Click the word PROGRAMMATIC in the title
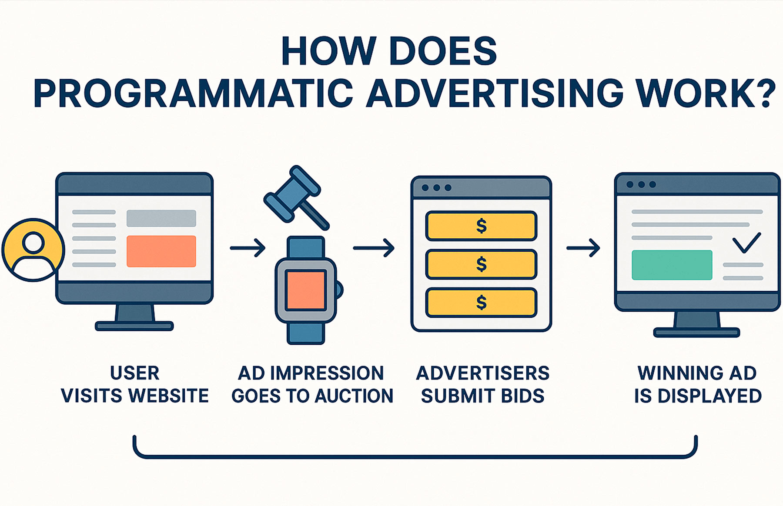[x=194, y=93]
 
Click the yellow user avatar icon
[x=33, y=250]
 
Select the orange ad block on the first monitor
[x=161, y=251]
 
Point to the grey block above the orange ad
[x=161, y=218]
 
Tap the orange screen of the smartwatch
[x=306, y=290]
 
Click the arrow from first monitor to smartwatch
[x=248, y=248]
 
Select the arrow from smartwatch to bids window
[x=374, y=248]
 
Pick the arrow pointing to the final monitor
[x=583, y=248]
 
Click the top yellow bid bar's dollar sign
[x=481, y=226]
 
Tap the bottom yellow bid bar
[x=481, y=303]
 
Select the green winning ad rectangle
[x=672, y=265]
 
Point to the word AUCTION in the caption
[x=354, y=396]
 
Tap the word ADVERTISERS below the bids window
[x=483, y=373]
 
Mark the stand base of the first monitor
[x=134, y=326]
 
